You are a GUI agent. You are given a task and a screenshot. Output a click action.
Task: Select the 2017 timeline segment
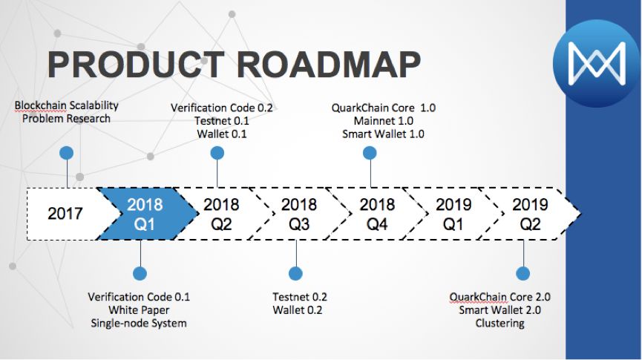[65, 214]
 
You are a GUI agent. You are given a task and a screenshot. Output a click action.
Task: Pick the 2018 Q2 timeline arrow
[221, 214]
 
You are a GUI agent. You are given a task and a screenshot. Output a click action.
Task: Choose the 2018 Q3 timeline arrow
[299, 214]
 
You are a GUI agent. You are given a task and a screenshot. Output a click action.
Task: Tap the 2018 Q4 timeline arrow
[377, 214]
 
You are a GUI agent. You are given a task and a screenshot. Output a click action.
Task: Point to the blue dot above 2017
[67, 153]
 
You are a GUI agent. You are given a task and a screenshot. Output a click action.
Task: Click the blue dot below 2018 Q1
[140, 273]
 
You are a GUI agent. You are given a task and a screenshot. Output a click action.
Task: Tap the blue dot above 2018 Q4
[370, 153]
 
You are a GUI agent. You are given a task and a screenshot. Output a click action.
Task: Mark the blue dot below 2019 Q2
[523, 273]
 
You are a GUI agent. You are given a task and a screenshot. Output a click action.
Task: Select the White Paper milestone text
[139, 310]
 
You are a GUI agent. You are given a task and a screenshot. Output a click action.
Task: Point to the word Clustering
[499, 323]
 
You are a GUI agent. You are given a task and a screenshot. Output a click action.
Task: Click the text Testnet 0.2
[300, 297]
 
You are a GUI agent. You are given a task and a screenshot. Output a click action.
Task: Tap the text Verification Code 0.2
[222, 108]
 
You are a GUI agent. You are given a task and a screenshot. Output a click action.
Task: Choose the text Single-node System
[139, 323]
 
